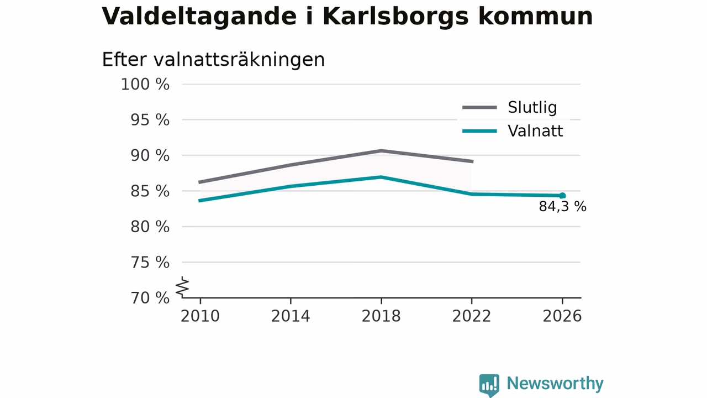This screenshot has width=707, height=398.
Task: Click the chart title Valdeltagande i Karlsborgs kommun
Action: (347, 17)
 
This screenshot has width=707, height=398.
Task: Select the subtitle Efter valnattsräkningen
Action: (213, 59)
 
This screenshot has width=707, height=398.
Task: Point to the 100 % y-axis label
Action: (145, 85)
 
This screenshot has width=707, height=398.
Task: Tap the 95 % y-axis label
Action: (150, 121)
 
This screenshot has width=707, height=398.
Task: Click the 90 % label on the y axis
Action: (150, 156)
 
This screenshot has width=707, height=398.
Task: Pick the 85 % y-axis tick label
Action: (150, 191)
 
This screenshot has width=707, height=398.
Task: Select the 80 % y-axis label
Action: (150, 227)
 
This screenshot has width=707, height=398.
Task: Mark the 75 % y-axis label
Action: (150, 263)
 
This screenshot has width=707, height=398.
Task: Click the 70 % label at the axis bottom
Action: (150, 298)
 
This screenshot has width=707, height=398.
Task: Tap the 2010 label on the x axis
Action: (200, 316)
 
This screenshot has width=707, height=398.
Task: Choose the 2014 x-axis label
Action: (291, 316)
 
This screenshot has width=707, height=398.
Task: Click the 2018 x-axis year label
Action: (381, 316)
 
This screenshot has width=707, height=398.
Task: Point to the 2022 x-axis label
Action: (472, 316)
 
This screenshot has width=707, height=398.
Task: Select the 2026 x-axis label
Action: (562, 316)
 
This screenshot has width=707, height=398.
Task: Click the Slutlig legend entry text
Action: (532, 107)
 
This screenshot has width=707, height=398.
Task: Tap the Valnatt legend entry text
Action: (535, 131)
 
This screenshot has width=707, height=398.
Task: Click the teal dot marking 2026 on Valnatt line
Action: (562, 196)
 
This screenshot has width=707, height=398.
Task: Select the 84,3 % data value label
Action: (562, 207)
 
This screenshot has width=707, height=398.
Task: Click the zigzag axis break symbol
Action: (182, 287)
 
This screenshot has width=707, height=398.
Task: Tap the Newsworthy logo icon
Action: (489, 385)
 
